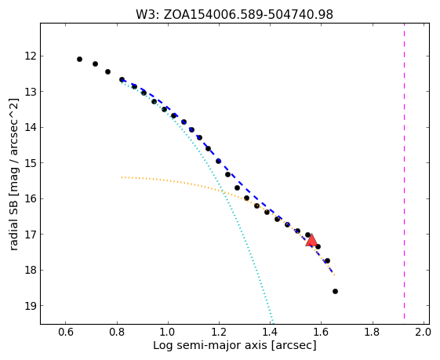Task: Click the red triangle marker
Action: coord(311,241)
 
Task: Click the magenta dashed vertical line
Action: coord(404,171)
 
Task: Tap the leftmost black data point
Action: coord(79,59)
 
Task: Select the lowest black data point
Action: coord(335,291)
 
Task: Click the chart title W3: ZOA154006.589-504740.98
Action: coord(235,15)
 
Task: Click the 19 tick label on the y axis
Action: coord(31,306)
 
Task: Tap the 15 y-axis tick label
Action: coord(31,163)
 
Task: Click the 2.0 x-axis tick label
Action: coord(422,332)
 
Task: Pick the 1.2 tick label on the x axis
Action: coord(219,332)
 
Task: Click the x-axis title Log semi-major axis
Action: coord(210,345)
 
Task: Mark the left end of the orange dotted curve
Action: coord(122,177)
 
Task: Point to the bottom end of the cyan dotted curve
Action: coord(272,322)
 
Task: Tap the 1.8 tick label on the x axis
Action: coord(372,332)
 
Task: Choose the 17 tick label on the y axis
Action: coord(31,235)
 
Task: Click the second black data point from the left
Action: coord(95,64)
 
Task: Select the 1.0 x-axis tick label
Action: coord(168,332)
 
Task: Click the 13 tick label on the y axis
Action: coord(31,92)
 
